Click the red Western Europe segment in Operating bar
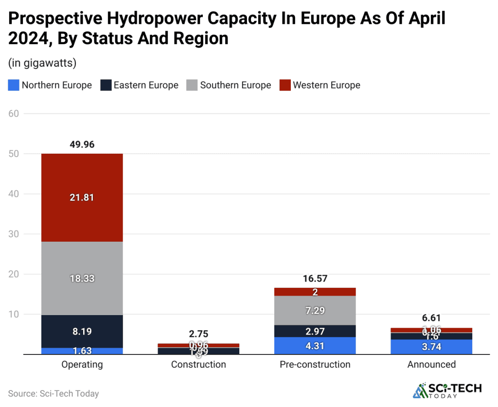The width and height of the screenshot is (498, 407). tap(82, 197)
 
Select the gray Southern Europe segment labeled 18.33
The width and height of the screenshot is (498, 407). tap(82, 278)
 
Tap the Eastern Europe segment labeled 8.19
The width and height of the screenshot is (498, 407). tap(82, 332)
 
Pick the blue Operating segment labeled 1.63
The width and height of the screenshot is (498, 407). tap(82, 351)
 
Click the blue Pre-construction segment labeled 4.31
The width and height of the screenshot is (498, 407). tap(315, 346)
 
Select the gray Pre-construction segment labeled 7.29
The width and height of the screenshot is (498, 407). tap(315, 310)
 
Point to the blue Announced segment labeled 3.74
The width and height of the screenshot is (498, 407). tap(431, 346)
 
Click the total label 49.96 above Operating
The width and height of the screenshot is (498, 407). tap(82, 144)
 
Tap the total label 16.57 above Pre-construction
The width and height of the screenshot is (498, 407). tap(315, 279)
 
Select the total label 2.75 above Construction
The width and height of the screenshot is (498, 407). tap(198, 334)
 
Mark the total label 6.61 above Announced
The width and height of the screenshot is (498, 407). tap(431, 319)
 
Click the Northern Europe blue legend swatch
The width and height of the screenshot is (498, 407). tap(14, 85)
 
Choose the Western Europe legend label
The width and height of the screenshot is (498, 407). tap(326, 85)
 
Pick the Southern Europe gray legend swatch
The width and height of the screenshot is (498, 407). tap(192, 85)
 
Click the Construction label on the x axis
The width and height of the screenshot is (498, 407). tap(198, 364)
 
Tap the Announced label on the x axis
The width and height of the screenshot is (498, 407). tap(431, 364)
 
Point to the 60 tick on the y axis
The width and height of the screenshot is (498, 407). tap(14, 114)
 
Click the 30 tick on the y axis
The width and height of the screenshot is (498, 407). tap(14, 234)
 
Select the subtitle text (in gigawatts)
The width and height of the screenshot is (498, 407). tap(42, 63)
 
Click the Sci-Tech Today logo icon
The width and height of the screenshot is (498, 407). tap(419, 390)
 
